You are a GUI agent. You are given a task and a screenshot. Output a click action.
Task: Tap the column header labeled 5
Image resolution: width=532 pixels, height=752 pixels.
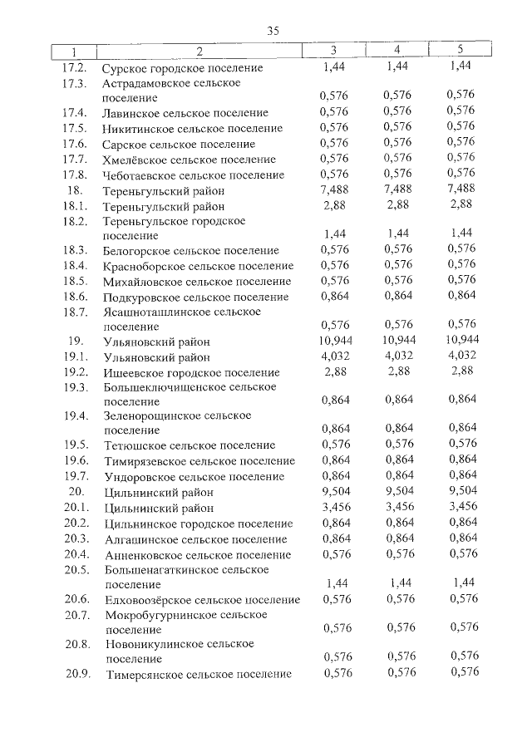point(461,51)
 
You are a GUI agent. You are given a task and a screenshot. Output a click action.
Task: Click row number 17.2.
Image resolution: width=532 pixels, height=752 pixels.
point(76,66)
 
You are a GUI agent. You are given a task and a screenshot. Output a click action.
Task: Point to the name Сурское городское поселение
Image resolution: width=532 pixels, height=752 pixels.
point(182,67)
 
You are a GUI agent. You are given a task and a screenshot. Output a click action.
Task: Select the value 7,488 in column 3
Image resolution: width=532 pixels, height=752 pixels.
point(333,189)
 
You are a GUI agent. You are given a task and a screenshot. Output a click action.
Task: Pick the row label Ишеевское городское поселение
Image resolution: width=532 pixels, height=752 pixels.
point(191,373)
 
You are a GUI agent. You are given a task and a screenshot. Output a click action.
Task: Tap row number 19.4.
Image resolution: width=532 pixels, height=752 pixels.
point(76,415)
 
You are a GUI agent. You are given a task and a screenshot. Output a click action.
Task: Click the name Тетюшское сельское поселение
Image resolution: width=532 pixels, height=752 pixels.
point(189,445)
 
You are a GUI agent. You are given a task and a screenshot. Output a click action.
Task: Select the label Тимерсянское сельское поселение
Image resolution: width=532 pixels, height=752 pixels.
point(198,675)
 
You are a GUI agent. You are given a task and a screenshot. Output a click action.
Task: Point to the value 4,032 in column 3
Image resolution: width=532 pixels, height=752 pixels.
point(333,356)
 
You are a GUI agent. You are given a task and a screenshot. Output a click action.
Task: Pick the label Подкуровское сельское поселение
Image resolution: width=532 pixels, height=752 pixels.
point(196,296)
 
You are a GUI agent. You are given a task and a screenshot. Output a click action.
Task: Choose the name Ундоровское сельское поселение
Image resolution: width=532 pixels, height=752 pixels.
point(194,476)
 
